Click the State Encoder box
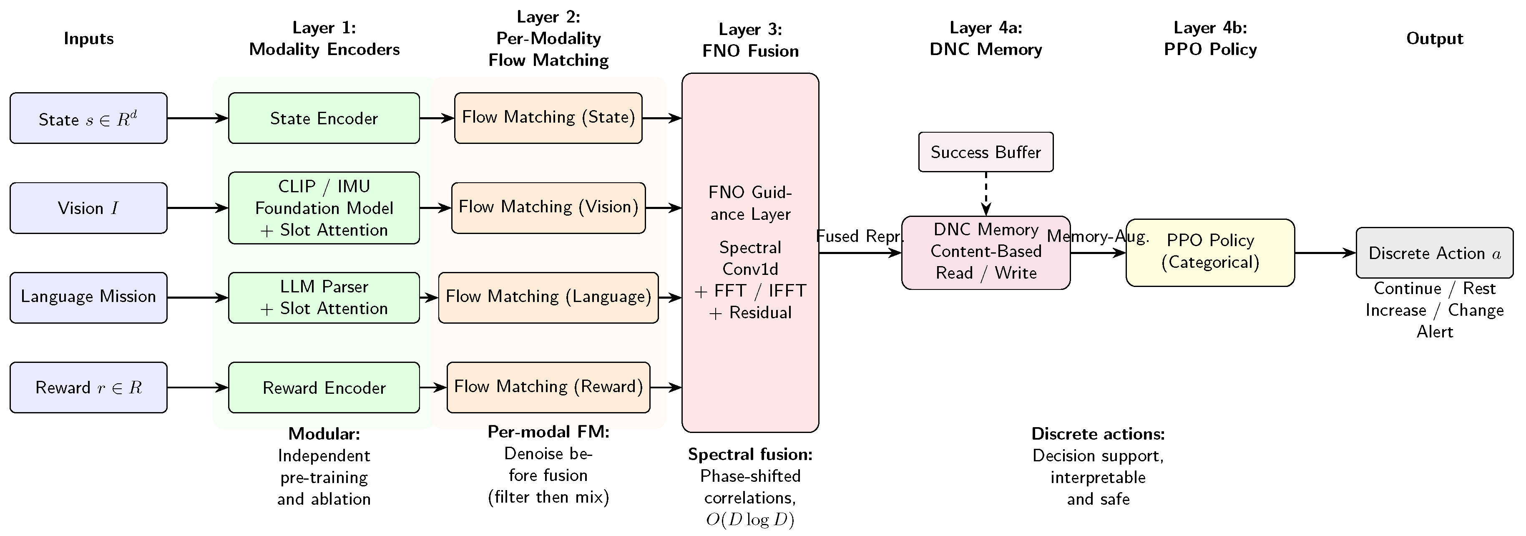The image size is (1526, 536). tap(324, 118)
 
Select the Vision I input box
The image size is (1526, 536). tap(88, 208)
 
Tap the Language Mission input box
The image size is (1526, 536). tap(88, 297)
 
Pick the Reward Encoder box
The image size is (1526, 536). tap(324, 388)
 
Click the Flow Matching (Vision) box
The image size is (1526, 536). tap(548, 208)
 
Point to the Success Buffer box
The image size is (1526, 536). tap(986, 152)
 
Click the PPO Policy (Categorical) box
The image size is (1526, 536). tap(1210, 253)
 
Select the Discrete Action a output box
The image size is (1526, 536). tap(1435, 253)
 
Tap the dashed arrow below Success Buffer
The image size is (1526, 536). tap(986, 194)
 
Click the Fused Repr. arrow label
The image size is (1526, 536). tap(860, 237)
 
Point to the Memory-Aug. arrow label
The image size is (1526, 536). tap(1098, 237)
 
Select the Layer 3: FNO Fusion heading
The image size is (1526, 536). tap(751, 40)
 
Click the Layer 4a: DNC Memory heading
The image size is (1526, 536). tap(986, 38)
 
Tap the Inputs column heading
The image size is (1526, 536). tap(88, 38)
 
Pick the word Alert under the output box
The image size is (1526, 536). tap(1435, 332)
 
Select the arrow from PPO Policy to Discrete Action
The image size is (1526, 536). tap(1325, 253)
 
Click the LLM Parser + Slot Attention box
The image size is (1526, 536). tap(324, 297)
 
